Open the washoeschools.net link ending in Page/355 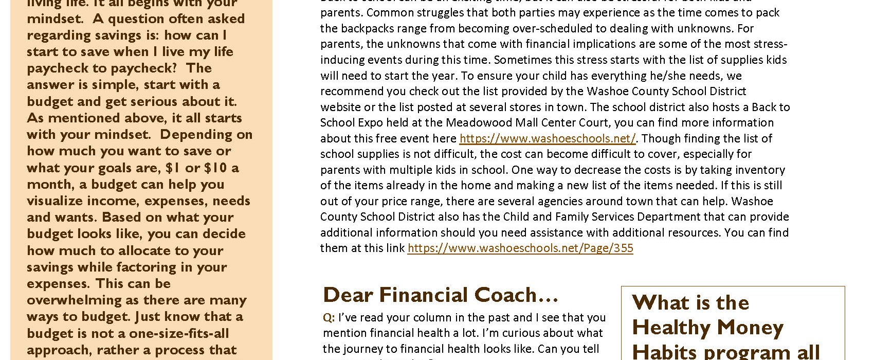pyautogui.click(x=520, y=248)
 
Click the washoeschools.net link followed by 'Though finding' pyautogui.click(x=547, y=138)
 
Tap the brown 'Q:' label pyautogui.click(x=329, y=318)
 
